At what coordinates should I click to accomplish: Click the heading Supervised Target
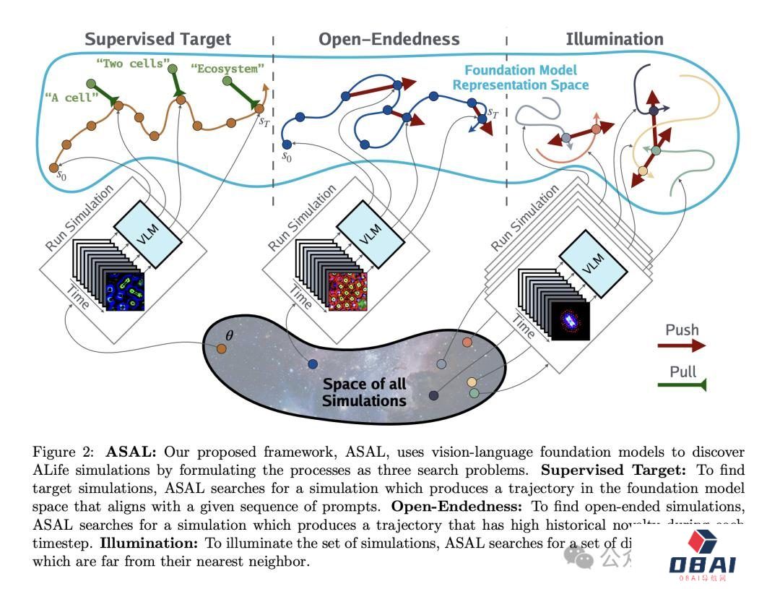point(157,39)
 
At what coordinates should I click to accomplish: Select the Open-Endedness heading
point(390,39)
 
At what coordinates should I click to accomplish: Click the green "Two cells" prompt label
point(130,64)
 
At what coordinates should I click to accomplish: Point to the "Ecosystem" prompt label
point(227,69)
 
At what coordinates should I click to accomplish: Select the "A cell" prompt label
point(71,98)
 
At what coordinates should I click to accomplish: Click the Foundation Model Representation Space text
point(520,77)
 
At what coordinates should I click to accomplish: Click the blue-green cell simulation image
point(126,291)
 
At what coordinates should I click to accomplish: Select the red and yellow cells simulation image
point(348,291)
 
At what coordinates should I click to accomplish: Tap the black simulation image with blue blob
point(571,321)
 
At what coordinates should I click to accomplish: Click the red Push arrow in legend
point(681,346)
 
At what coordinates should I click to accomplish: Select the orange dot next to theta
point(222,349)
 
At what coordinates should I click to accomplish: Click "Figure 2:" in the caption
point(64,452)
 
